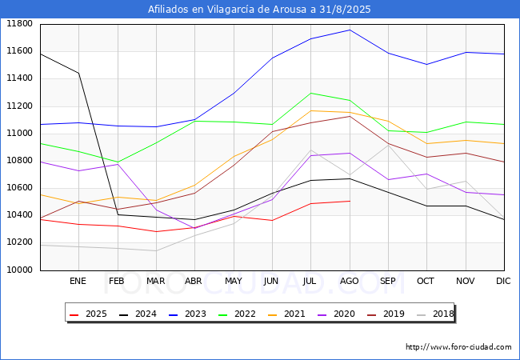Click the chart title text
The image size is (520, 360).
point(259,9)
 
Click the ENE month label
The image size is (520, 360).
point(78,281)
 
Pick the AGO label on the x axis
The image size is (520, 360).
point(349,281)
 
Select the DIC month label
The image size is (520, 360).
point(503,281)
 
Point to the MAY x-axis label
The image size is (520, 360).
point(233,281)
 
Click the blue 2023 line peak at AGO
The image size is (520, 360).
point(349,30)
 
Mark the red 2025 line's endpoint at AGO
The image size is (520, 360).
point(349,201)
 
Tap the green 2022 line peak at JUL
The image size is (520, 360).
point(310,93)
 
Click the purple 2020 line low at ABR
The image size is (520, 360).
point(194,228)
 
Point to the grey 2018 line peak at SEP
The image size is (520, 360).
point(388,144)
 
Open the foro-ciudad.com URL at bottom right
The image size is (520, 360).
point(458,347)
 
